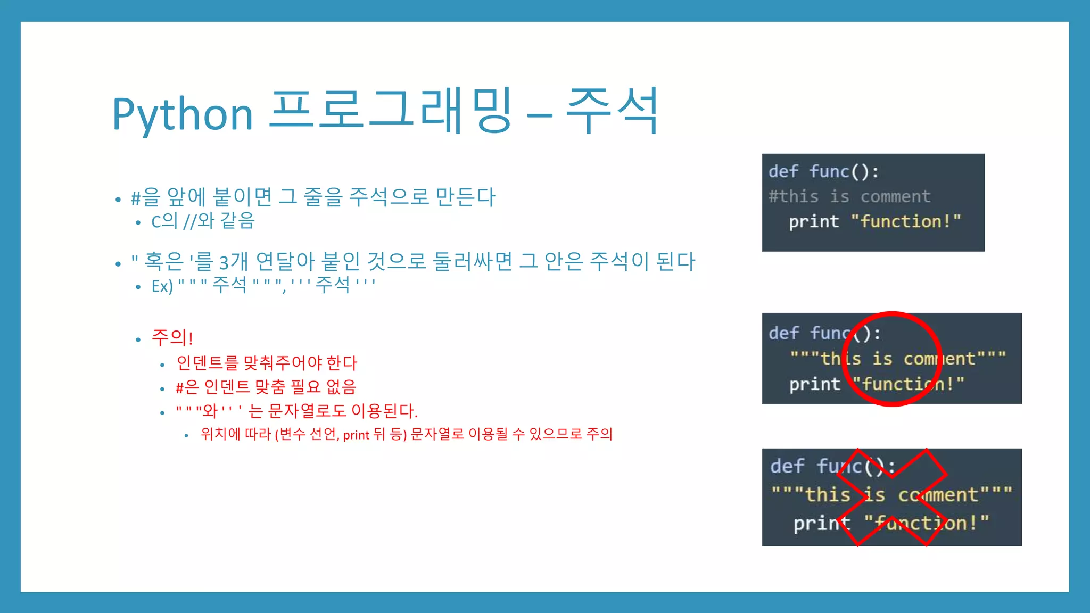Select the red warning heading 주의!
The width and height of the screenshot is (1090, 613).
coord(172,337)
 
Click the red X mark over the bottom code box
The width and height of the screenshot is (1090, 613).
coord(892,497)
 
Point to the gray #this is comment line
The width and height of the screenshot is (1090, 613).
coord(849,196)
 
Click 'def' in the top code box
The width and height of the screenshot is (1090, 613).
coord(783,171)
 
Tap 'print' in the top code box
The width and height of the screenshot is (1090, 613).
coord(814,221)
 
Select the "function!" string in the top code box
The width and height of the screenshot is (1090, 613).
coord(906,221)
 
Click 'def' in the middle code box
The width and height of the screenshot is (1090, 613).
coord(783,333)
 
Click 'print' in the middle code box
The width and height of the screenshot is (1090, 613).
coord(814,384)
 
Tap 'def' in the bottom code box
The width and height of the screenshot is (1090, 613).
coord(787,466)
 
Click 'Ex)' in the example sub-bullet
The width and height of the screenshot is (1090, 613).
coord(162,286)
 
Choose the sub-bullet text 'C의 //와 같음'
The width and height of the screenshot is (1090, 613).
coord(203,221)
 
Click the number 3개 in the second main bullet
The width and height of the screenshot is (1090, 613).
coord(233,262)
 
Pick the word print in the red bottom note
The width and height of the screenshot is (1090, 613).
coord(357,435)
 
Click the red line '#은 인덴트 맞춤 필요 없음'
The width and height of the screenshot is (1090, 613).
coord(266,387)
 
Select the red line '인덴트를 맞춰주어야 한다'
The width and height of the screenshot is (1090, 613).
coord(267,363)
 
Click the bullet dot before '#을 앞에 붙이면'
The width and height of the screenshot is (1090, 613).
coord(118,200)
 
